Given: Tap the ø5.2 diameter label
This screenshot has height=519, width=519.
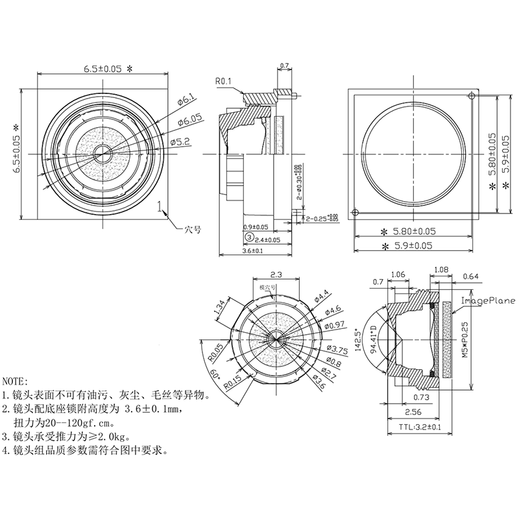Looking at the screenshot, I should [180, 141].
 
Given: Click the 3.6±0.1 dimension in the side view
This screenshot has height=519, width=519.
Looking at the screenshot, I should [252, 250].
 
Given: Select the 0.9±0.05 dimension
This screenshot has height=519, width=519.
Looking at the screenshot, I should [256, 227].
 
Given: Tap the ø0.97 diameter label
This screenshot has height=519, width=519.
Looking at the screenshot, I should [334, 325].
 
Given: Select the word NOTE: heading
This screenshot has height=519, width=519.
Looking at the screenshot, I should [16, 381].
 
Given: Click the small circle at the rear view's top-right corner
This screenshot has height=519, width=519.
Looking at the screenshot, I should [471, 96].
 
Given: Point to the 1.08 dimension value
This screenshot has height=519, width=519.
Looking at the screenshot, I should [440, 269].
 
